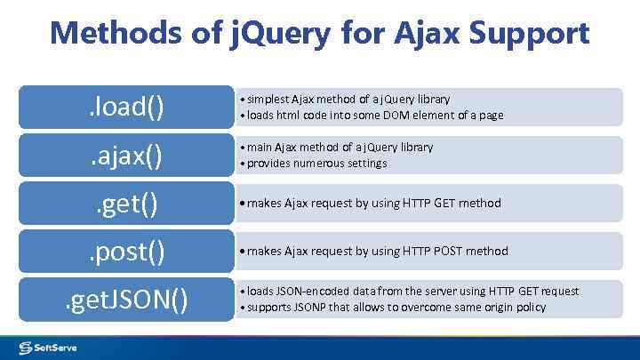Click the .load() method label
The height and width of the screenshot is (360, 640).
point(125,108)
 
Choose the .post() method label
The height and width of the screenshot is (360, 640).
point(125,252)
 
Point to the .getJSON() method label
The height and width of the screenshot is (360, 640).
point(125,300)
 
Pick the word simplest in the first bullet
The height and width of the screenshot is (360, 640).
point(269,99)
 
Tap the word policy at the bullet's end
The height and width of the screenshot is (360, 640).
point(529,308)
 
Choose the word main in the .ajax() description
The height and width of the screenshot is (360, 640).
point(262,148)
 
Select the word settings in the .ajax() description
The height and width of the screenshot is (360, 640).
point(368,164)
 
